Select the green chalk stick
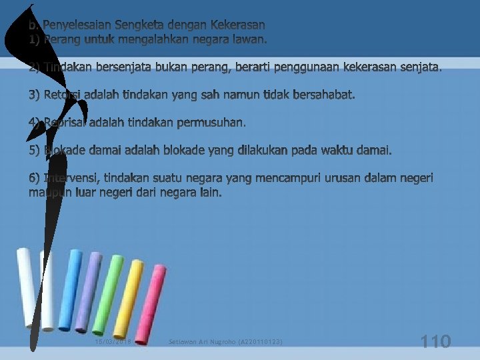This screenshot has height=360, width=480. pos(108,293)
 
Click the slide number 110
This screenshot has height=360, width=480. pos(436,342)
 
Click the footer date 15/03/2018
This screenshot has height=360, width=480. pos(113,342)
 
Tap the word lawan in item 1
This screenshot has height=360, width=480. pos(251,40)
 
